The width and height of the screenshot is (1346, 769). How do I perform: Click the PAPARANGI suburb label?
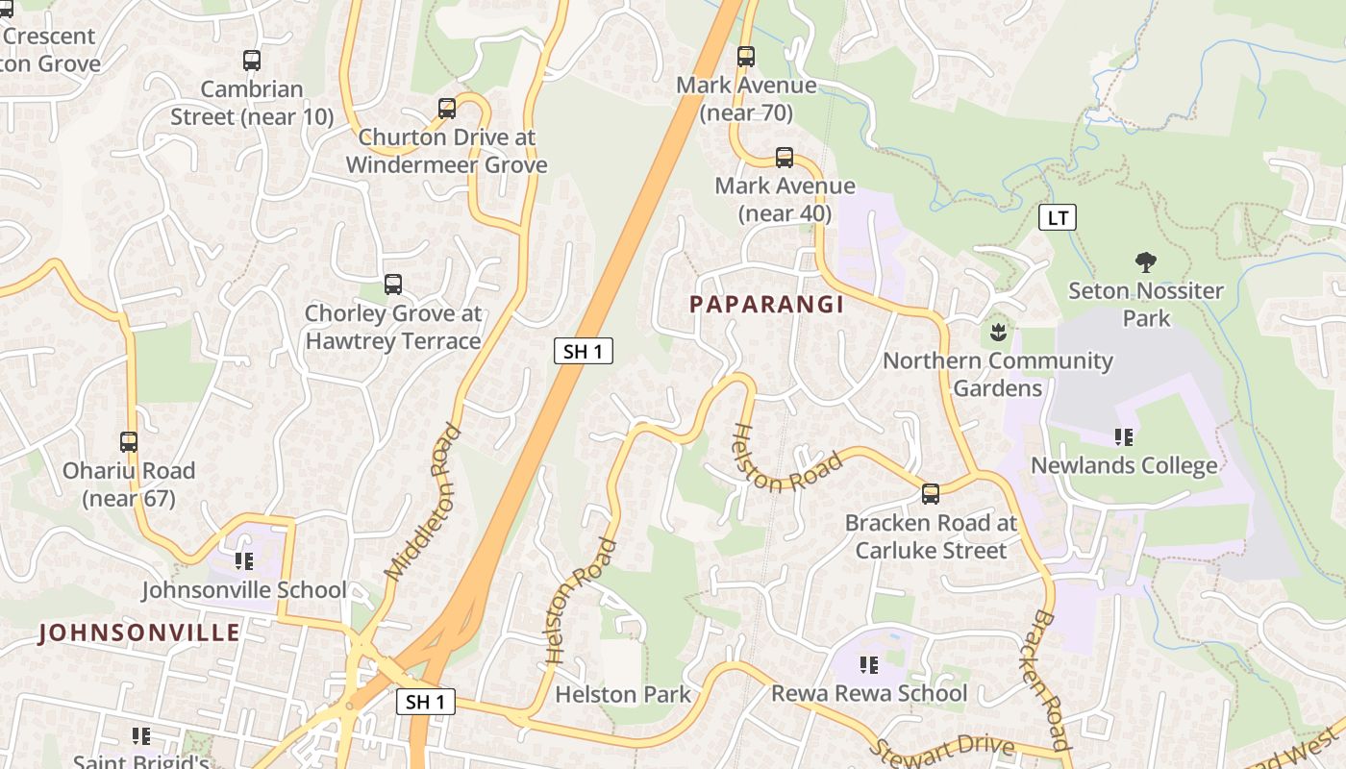coord(766,305)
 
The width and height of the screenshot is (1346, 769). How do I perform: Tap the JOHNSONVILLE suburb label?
coord(139,633)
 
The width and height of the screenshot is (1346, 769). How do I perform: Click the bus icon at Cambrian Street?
coord(252,61)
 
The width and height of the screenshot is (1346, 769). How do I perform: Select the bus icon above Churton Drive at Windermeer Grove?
coord(447,109)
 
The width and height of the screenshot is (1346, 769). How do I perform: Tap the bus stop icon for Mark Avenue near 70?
coord(746,57)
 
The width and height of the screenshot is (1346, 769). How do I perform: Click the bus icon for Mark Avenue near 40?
coord(785,158)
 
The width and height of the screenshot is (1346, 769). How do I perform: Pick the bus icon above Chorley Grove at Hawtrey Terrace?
coord(393,285)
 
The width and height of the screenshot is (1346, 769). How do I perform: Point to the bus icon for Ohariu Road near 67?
coord(129,442)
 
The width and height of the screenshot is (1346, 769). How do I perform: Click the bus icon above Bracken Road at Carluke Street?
coord(931,494)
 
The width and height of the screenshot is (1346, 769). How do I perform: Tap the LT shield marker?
coord(1058,218)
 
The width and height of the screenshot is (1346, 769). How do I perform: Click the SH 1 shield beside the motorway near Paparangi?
coord(584,351)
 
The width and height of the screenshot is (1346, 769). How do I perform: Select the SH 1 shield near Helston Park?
coord(426,702)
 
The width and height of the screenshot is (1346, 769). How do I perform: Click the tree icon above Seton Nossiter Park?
coord(1145,261)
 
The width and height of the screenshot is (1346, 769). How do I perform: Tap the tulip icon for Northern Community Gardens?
coord(997,333)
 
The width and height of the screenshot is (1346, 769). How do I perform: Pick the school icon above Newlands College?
coord(1124,437)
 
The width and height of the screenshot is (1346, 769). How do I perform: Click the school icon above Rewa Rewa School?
coord(869,664)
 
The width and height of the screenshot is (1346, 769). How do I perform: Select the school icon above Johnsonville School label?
coord(244,560)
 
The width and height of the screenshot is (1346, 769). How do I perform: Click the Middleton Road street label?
coord(423,503)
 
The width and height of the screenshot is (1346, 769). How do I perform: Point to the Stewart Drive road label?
coord(942,747)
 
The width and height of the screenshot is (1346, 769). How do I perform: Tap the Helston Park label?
coord(623,694)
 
